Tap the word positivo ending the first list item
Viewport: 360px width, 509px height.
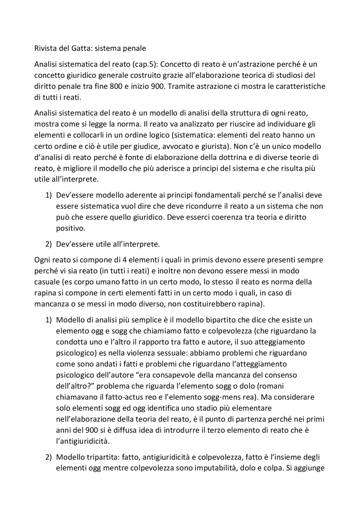[70, 228]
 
